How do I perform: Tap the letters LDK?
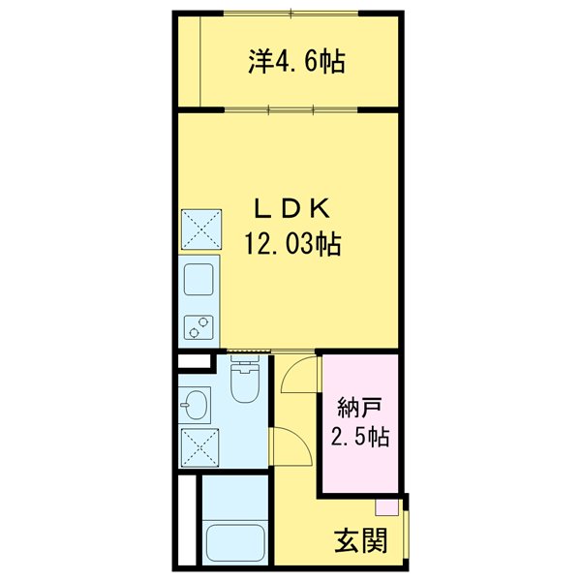(x=292, y=207)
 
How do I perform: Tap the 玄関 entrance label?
(x=360, y=539)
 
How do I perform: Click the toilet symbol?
(x=246, y=384)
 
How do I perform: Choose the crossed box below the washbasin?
(x=200, y=447)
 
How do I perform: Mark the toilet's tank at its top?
(x=246, y=367)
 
